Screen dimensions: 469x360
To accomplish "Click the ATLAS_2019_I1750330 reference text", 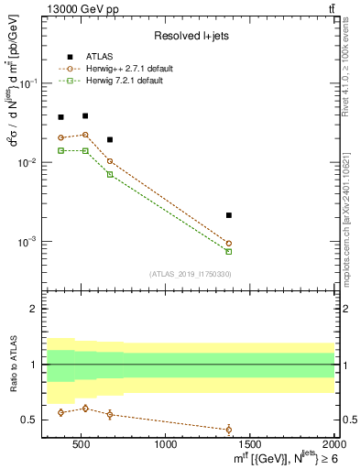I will (x=190, y=274).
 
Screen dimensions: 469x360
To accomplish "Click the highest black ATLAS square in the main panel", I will (x=85, y=115).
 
